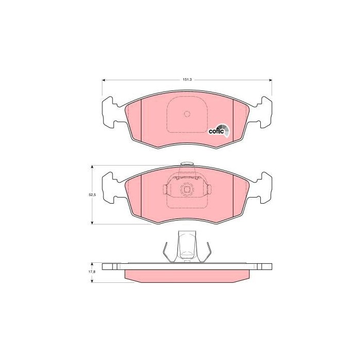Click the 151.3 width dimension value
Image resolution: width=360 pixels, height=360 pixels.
point(187,80)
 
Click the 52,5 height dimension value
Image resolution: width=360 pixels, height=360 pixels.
point(92,195)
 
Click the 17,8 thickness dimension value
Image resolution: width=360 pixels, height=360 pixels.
point(92,272)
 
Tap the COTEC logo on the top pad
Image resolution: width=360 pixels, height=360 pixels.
point(219,130)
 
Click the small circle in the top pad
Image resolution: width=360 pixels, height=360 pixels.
point(187,114)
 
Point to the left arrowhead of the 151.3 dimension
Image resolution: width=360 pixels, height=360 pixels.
point(103,80)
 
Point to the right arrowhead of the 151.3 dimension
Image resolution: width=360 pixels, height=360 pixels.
point(270,80)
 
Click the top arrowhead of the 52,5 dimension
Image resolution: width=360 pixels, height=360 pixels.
point(92,167)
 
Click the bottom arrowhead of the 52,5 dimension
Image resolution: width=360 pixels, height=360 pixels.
point(92,223)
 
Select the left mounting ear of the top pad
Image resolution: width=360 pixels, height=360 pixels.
point(110,112)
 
